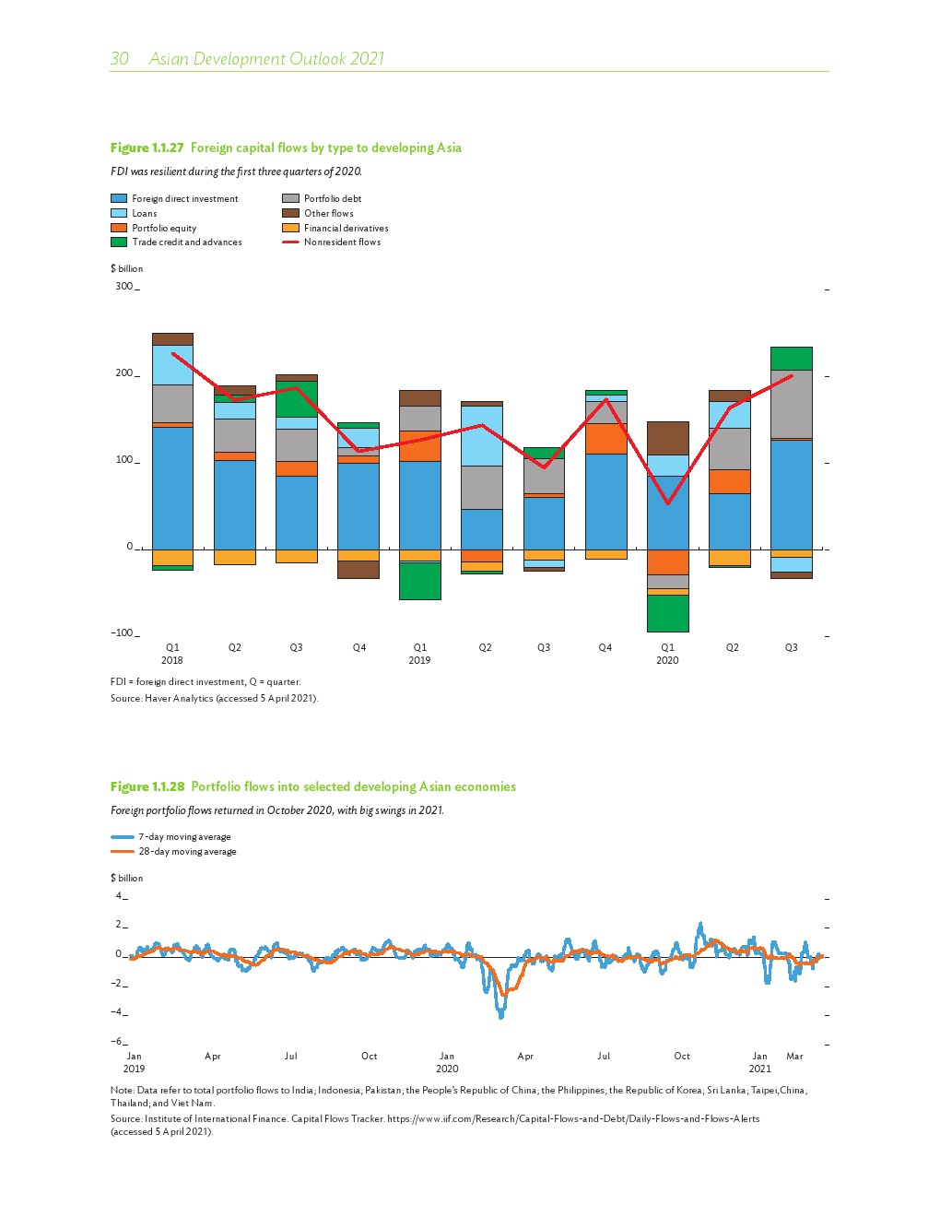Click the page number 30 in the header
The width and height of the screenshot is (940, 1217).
[x=120, y=59]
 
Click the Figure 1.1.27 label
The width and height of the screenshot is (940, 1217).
[x=147, y=148]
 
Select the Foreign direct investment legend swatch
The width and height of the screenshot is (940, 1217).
[x=119, y=198]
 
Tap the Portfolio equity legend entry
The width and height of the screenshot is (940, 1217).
[x=163, y=228]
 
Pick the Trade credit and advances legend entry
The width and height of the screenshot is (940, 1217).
[x=186, y=242]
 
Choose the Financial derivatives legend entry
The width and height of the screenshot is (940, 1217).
[x=346, y=228]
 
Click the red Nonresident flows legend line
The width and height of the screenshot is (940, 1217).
[x=290, y=242]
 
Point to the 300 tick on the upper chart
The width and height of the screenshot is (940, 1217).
[x=123, y=286]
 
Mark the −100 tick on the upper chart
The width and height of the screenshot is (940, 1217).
[x=122, y=632]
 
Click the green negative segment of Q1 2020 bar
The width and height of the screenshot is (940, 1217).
[x=667, y=613]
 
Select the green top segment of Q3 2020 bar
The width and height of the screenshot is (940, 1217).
[x=791, y=358]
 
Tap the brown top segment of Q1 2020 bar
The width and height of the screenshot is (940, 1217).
[x=667, y=438]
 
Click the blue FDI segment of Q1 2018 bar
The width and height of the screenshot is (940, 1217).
[x=172, y=489]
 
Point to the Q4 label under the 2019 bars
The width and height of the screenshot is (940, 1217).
[x=605, y=647]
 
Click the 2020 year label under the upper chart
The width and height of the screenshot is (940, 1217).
[x=667, y=660]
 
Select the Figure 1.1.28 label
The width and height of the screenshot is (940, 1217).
[x=147, y=786]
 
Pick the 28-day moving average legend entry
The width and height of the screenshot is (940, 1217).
[x=187, y=851]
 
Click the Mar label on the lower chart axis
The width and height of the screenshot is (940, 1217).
[x=794, y=1056]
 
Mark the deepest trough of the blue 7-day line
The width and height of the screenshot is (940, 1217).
[x=501, y=1015]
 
